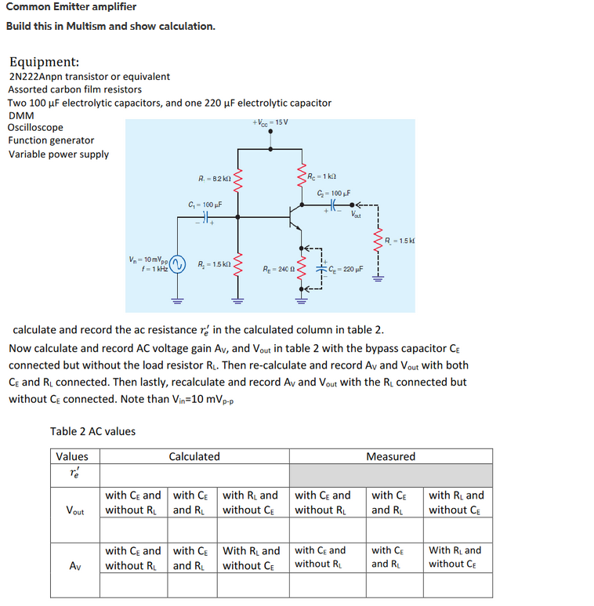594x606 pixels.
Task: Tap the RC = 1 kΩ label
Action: [321, 176]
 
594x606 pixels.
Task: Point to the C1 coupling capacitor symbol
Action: [206, 217]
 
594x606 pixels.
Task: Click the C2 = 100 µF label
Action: [332, 192]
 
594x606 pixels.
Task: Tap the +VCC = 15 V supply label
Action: [270, 122]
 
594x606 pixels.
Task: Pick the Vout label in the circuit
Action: [357, 214]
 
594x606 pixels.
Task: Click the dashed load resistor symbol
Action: [378, 241]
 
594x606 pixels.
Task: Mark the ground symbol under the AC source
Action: [177, 299]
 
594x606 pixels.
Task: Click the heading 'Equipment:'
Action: [44, 62]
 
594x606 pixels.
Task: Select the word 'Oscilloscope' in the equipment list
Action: [35, 127]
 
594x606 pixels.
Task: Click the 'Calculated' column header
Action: [194, 456]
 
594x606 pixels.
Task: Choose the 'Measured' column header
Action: [390, 456]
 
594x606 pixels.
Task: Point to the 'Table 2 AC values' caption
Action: [92, 431]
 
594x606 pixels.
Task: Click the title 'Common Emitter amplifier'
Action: [71, 7]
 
